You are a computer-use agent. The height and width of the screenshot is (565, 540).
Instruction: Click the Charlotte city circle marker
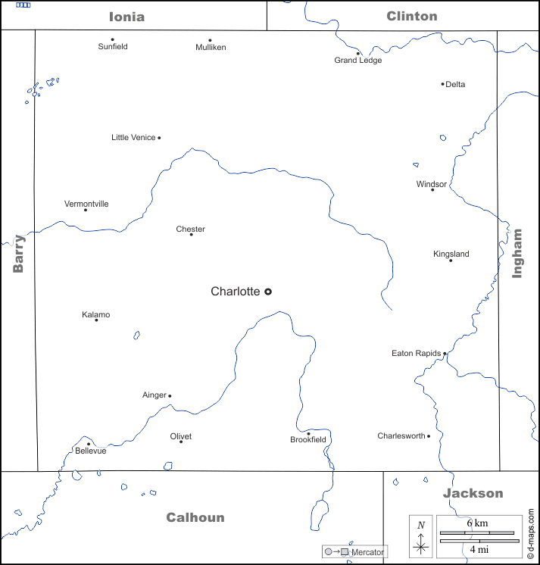267,292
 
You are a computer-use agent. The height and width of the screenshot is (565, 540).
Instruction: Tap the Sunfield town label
113,47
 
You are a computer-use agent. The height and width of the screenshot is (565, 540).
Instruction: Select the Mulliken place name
211,47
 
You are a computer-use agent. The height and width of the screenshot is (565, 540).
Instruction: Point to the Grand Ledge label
358,61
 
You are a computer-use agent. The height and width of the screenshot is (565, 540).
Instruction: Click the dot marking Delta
442,84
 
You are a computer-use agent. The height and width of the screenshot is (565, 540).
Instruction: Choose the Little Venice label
133,138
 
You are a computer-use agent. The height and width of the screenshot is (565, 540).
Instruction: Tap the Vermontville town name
86,204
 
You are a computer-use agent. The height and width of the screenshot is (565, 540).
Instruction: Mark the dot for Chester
191,235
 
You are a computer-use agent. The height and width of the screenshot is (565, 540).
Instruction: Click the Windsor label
432,184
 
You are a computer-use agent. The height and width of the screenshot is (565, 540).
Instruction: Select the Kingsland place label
451,254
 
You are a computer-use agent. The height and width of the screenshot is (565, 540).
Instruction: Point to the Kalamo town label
96,314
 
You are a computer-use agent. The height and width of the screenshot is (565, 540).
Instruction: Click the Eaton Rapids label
416,354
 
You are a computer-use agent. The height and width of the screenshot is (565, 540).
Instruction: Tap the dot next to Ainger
170,395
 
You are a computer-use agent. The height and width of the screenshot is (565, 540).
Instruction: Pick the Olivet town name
181,436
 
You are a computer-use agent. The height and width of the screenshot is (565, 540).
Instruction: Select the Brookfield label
308,440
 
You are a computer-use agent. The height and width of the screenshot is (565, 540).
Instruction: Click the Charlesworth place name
401,436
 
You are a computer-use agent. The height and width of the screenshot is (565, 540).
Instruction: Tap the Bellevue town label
90,451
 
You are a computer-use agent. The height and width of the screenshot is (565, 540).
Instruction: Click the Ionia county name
126,16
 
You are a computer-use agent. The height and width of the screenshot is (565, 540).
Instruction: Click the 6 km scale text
478,524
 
